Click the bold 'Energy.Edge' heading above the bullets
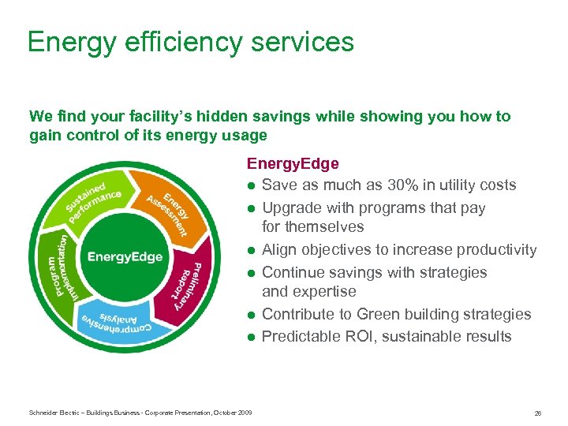point(293,163)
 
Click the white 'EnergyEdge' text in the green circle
point(125,256)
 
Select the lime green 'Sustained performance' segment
point(92,196)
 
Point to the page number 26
point(536,413)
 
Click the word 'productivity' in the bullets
point(496,250)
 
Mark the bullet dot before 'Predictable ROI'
point(251,337)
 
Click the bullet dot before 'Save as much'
point(251,186)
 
